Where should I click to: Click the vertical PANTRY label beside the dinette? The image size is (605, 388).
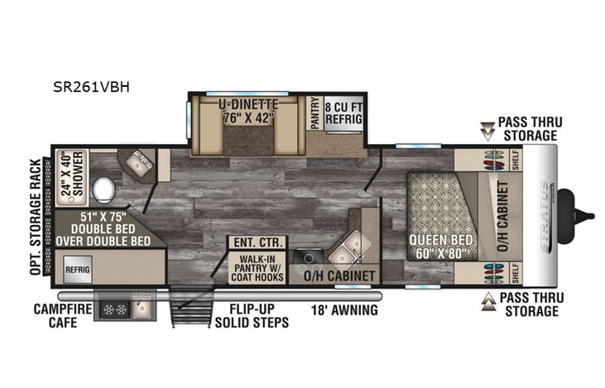point(314,113)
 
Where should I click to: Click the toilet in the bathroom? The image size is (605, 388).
point(104,190)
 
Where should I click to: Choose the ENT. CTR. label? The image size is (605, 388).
point(257,243)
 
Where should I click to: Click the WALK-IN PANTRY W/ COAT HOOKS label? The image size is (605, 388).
point(257,267)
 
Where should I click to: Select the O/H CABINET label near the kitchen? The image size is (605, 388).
point(341,275)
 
